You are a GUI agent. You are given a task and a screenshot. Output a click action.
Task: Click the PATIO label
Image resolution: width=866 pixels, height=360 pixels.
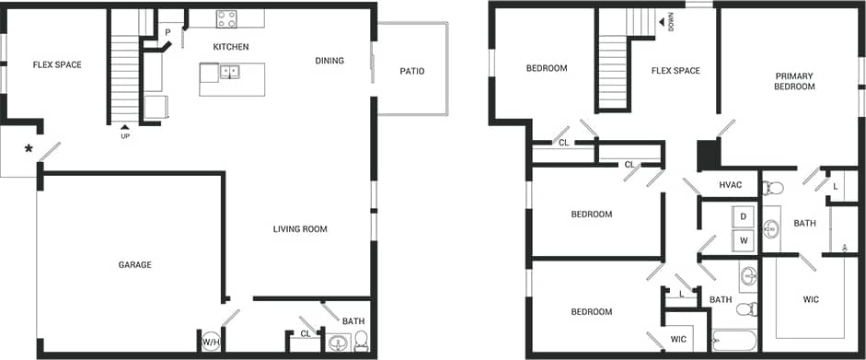pos(411,71)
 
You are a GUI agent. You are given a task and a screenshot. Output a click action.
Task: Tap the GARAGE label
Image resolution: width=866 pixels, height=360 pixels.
pos(134,265)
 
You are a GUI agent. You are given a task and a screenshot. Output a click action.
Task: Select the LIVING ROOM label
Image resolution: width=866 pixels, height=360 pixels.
pos(300,229)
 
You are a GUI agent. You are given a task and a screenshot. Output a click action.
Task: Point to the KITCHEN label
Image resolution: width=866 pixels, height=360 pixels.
pos(231,46)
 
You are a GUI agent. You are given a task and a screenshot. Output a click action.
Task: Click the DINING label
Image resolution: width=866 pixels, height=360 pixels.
pos(329,61)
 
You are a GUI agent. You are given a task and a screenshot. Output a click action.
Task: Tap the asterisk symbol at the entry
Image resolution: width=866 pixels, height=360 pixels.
pos(29,149)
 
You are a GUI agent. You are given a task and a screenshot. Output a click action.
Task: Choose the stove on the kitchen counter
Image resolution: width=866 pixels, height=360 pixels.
pos(226,18)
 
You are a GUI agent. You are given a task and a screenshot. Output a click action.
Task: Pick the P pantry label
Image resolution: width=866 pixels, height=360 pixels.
pos(167,33)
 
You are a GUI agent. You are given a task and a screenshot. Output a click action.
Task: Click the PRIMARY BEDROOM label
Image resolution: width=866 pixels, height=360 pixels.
pos(794,81)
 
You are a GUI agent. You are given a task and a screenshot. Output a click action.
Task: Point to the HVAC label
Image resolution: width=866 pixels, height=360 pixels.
pos(731,185)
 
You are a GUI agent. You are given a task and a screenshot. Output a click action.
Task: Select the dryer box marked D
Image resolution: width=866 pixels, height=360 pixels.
pos(743,216)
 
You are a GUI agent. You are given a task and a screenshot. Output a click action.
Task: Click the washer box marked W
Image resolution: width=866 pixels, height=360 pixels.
pos(743,241)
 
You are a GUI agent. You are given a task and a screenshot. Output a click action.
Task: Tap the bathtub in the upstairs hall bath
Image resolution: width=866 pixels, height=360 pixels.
pos(733,343)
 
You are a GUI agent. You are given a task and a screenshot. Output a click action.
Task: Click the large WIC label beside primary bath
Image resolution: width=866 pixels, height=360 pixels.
pos(810,299)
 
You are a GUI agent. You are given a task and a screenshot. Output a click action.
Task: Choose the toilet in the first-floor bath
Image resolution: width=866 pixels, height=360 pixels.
pos(360,341)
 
